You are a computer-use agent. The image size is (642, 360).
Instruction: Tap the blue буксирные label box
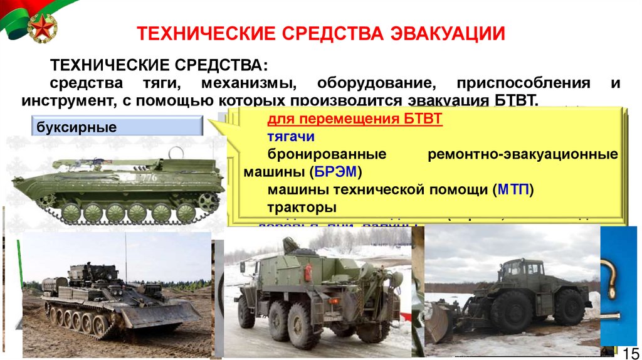[x=117, y=127]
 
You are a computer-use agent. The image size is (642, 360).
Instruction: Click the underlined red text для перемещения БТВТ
[x=355, y=119]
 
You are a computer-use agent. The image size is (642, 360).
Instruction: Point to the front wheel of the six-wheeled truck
[x=246, y=312]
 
